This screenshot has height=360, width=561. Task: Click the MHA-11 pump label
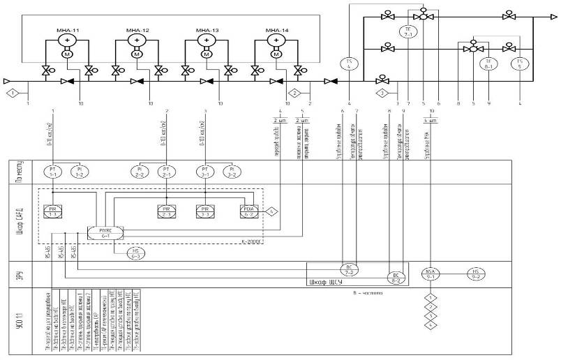[67, 31]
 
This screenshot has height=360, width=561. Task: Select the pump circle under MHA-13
[207, 42]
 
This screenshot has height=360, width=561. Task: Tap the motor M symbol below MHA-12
[137, 54]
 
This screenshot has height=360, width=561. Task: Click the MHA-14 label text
[276, 31]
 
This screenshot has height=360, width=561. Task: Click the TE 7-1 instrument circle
[409, 31]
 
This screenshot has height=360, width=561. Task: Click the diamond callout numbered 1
[10, 92]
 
